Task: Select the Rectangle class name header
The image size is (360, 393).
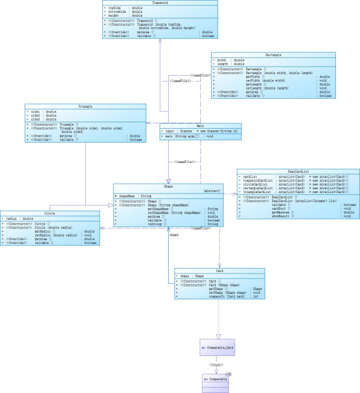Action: point(273,55)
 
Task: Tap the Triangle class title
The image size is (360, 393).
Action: point(85,107)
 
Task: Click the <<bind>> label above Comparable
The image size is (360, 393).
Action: point(216,365)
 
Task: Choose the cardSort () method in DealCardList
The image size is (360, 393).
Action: point(282,209)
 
